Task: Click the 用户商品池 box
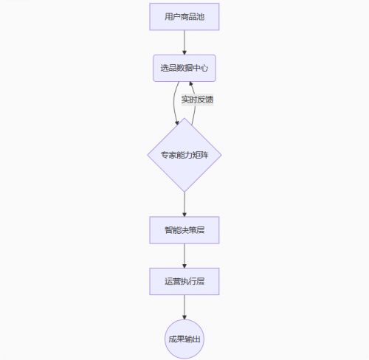(184, 17)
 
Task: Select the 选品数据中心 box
(184, 68)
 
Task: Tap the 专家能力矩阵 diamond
(184, 155)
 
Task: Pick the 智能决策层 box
(184, 230)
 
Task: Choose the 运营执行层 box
(184, 281)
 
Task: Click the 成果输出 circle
(184, 339)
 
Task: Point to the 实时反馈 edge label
(197, 100)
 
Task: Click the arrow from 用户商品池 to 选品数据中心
(184, 43)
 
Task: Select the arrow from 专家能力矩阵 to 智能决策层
(184, 204)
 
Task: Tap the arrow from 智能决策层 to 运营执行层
(184, 256)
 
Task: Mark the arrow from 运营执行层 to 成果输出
(184, 307)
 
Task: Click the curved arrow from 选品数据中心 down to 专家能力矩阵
(174, 103)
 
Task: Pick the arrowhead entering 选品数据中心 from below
(191, 84)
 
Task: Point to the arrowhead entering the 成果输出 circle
(184, 317)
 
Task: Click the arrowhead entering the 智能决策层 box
(184, 214)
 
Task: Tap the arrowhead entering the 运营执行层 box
(184, 266)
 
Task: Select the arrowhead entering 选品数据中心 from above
(184, 52)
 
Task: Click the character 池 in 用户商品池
(201, 17)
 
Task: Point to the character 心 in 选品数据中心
(204, 68)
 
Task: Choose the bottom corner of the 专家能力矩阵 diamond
(184, 192)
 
